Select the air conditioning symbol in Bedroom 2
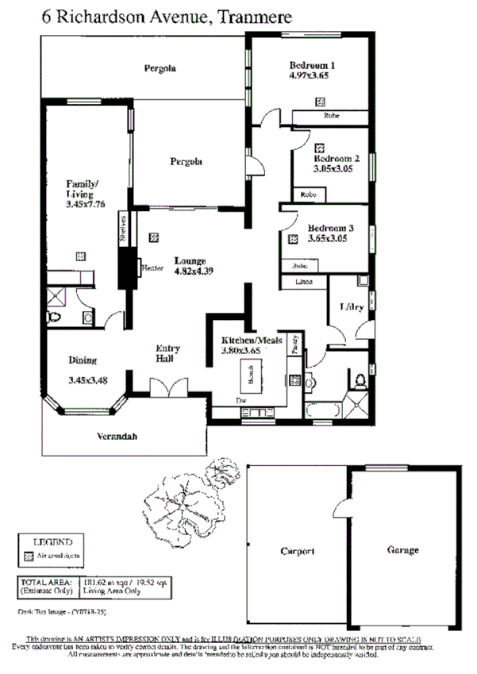pos(319,147)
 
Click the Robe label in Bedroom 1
pos(331,117)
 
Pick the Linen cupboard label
pos(303,282)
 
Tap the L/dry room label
pos(351,307)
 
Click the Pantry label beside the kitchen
pos(294,342)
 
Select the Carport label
pos(298,550)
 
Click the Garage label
pos(402,549)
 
